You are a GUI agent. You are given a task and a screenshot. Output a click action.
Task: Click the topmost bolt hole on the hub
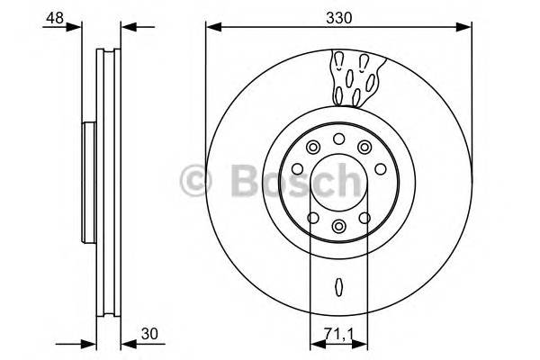pyautogui.click(x=337, y=139)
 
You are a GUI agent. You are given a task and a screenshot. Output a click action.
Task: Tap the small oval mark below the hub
pyautogui.click(x=337, y=287)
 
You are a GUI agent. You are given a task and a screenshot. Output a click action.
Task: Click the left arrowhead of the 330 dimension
pyautogui.click(x=212, y=26)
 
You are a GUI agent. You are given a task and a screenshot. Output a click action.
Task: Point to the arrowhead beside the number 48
pyautogui.click(x=86, y=26)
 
